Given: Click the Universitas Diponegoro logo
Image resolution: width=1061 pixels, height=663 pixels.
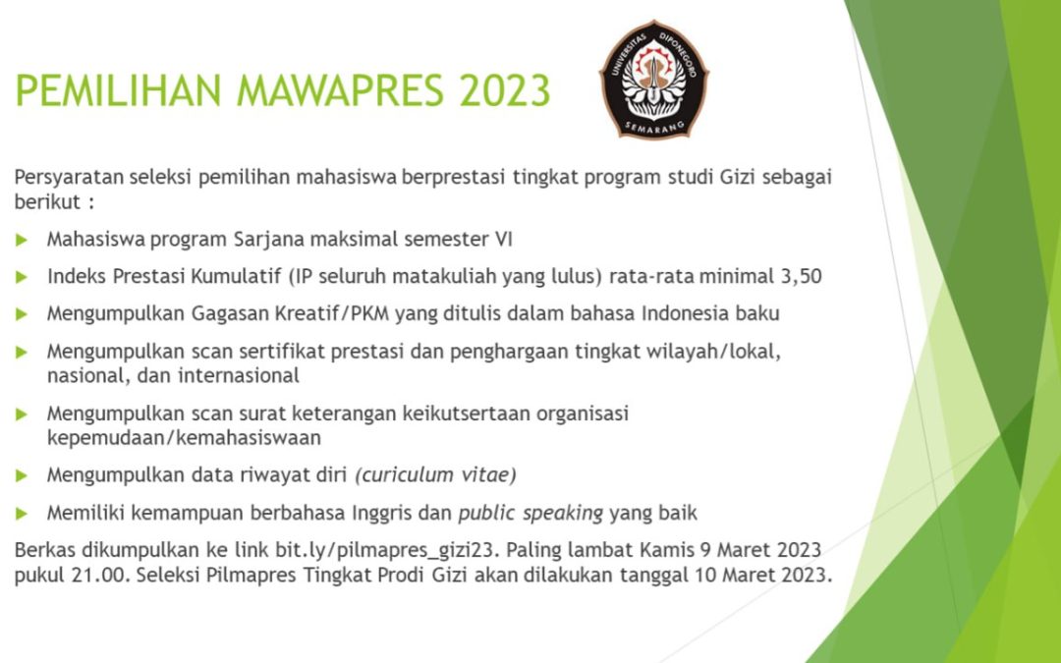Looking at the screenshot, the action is coord(653,80).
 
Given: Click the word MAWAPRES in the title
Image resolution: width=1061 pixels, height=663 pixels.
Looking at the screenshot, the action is coord(340,90).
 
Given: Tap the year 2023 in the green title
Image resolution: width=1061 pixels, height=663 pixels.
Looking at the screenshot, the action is coord(505,90).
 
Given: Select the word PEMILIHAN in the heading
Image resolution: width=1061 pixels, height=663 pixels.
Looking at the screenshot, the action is coord(119,90).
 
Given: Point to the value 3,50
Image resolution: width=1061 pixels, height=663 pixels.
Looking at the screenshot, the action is coord(802,277).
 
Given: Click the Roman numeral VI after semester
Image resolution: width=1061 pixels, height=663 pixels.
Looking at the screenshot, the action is coord(503,240).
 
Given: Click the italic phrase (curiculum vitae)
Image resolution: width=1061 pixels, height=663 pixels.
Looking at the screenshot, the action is coord(436,475).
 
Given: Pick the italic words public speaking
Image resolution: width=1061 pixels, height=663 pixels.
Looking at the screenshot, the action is coord(530,514).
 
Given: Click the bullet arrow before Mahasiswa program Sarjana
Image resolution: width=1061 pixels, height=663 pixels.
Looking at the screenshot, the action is coord(22,240).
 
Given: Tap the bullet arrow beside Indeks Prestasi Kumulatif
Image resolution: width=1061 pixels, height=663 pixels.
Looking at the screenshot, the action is coord(22,277).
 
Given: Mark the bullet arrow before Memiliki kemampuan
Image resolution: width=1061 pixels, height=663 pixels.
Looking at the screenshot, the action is coord(22,514).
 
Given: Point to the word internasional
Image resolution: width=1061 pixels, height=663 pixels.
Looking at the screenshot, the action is coord(238,375).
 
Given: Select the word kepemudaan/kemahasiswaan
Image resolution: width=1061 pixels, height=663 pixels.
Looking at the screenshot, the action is coord(184,438).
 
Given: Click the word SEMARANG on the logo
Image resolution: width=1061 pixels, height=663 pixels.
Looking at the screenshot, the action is coord(654,127).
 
